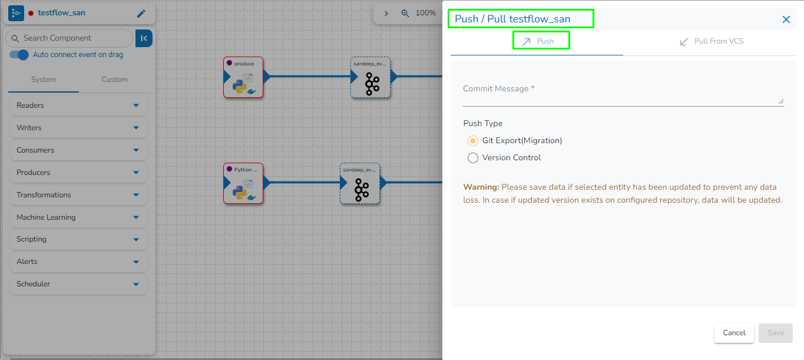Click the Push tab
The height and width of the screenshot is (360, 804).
coord(541,41)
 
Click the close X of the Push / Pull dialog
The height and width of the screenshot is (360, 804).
coord(786,19)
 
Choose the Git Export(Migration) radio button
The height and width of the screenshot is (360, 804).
coord(473,141)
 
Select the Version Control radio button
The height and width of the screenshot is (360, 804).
coord(473,158)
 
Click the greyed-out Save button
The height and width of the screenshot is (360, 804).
coord(775,333)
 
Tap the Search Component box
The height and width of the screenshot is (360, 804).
coord(70,38)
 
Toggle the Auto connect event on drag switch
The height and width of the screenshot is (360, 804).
coord(19,55)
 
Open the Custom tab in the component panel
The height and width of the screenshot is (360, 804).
coord(114,80)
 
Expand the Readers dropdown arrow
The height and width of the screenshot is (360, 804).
coord(136,105)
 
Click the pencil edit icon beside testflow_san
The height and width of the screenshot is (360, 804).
coord(141,14)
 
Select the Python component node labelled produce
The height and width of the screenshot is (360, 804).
coord(243,77)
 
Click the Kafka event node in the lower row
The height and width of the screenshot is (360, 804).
coord(360,184)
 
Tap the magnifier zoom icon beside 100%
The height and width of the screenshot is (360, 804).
coord(405,13)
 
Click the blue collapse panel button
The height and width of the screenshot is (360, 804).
coord(144,38)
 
